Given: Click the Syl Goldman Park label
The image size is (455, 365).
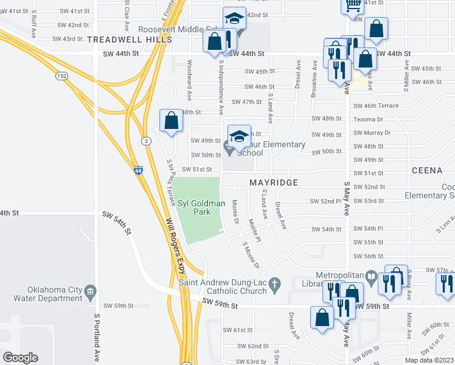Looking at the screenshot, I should [x=193, y=207].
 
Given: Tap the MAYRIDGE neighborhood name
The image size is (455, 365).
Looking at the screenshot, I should [x=274, y=182].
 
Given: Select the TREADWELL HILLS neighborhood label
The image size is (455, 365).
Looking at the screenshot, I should [x=128, y=39].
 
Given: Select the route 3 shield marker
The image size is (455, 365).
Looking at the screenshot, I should [x=146, y=141].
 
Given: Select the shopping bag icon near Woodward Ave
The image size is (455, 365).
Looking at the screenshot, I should [x=172, y=120].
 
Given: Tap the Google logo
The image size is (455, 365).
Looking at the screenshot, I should [x=19, y=358].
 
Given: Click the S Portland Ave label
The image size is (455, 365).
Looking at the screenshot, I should [x=96, y=338].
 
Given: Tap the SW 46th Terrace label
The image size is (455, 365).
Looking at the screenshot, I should [x=376, y=105].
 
